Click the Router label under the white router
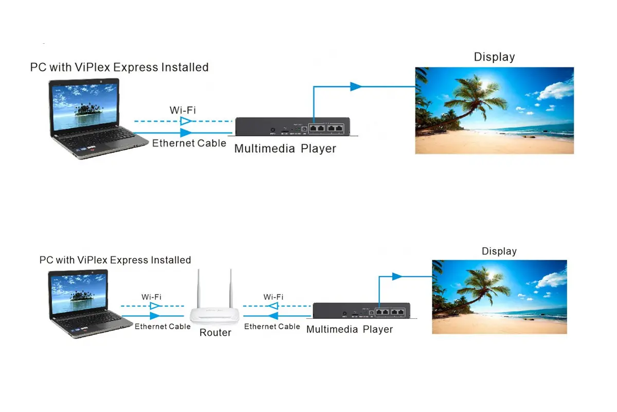click(215, 333)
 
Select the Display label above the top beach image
click(494, 57)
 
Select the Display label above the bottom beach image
click(499, 251)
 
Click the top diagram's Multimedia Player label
click(285, 149)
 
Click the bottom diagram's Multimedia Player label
click(349, 329)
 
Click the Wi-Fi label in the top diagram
click(183, 110)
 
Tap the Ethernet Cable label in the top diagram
click(189, 143)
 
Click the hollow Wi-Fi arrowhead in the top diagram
click(186, 122)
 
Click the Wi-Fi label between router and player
click(273, 297)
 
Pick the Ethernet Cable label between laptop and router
click(162, 327)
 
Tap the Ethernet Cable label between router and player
click(272, 327)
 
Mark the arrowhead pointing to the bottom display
click(396, 277)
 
